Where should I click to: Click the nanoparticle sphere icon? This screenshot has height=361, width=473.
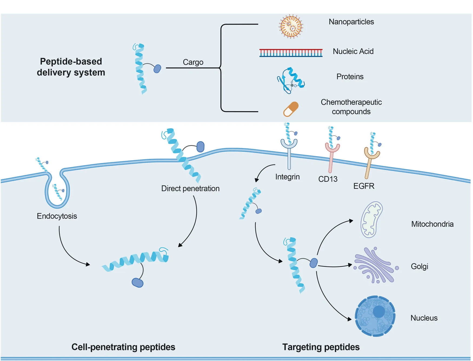(x=291, y=26)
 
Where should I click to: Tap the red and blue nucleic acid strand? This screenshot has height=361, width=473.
(x=291, y=52)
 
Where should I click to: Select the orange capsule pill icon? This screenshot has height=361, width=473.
(x=291, y=109)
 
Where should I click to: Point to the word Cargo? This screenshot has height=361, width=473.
(x=193, y=62)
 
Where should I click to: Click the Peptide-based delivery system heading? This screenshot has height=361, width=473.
(x=71, y=67)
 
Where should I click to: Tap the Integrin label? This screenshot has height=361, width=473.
(x=287, y=177)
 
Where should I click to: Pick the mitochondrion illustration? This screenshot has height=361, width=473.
(x=371, y=219)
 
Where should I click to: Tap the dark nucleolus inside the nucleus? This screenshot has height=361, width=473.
(x=379, y=311)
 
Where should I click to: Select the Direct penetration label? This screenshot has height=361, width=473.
(x=190, y=188)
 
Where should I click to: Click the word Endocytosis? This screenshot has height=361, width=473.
(x=57, y=216)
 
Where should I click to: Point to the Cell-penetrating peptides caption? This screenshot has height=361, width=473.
(x=123, y=347)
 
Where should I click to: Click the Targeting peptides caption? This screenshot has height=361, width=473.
(x=321, y=347)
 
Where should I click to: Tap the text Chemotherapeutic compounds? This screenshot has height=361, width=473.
(x=351, y=107)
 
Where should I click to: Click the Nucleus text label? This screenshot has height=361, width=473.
(x=424, y=318)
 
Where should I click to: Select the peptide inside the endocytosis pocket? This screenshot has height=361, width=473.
(x=58, y=192)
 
